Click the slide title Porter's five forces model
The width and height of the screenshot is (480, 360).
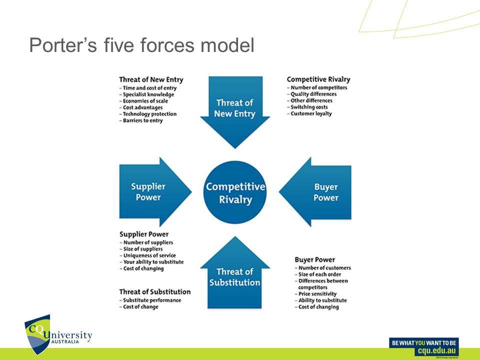pyautogui.click(x=141, y=46)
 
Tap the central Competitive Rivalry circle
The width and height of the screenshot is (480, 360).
pyautogui.click(x=235, y=193)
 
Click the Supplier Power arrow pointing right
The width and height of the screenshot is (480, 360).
pyautogui.click(x=152, y=192)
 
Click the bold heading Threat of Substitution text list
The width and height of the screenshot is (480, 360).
pyautogui.click(x=155, y=291)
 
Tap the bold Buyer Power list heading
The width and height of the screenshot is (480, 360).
pyautogui.click(x=314, y=260)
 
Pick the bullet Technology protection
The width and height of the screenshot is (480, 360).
pyautogui.click(x=149, y=114)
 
